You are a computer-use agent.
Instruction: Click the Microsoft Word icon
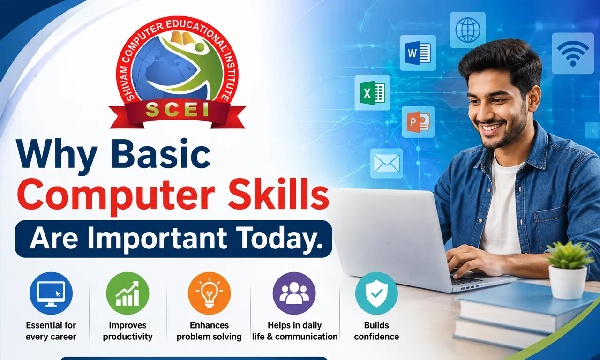[418, 53]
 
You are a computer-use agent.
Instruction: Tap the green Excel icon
[372, 92]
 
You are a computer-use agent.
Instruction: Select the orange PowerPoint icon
[418, 122]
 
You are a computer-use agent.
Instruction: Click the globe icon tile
[468, 30]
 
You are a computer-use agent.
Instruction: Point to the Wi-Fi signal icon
[573, 53]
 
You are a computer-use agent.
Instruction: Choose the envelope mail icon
[387, 164]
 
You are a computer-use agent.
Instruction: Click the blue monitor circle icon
[51, 293]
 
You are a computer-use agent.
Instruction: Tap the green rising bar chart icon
[127, 293]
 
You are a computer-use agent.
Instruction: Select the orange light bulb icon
[209, 293]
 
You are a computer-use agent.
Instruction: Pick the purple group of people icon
[294, 293]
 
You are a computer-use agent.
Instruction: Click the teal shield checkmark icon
[376, 293]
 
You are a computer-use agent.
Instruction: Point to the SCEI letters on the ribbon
[178, 110]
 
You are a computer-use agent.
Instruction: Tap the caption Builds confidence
[376, 331]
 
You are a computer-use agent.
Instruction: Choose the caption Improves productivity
[127, 331]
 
